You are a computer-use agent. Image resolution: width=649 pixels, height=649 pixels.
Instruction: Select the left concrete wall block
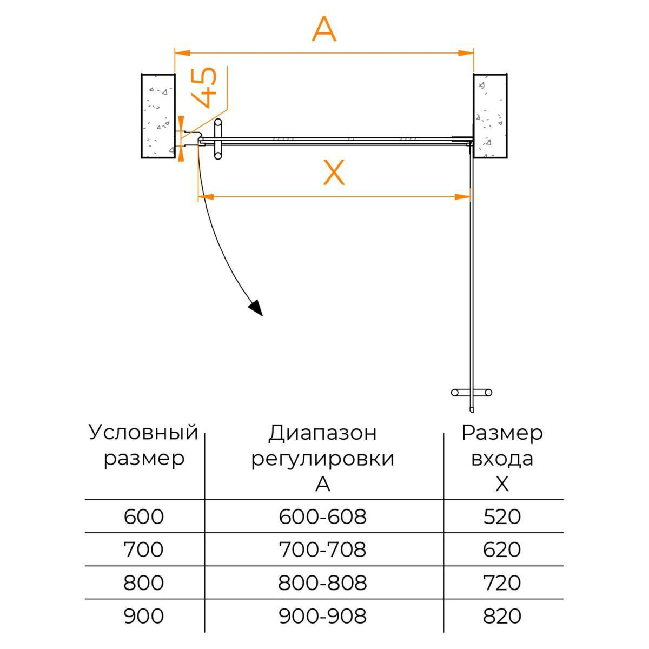coord(158,116)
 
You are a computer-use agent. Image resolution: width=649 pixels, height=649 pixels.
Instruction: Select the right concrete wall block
coord(490,116)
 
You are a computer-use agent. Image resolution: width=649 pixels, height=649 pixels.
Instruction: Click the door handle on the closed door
coord(217,140)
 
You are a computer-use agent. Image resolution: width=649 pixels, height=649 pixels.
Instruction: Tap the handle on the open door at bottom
coord(471,392)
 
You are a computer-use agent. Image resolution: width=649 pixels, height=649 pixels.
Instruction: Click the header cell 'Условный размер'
coord(144,446)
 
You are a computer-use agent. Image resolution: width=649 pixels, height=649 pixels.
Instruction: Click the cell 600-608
coord(323,517)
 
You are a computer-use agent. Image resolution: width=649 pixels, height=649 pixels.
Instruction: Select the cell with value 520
coord(502,517)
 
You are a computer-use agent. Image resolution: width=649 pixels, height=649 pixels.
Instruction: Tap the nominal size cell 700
coord(144,550)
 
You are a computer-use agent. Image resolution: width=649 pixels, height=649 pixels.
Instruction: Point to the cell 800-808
coord(323,583)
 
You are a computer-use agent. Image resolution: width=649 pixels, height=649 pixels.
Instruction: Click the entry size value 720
coord(502,583)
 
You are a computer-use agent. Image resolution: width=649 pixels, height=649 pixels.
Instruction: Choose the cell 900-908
coord(323,616)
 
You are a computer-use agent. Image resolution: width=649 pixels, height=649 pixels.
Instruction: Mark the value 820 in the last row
coord(502,616)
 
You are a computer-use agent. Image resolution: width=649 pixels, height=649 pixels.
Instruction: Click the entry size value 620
coord(502,550)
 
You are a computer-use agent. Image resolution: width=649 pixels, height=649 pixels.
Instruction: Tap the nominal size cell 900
coord(144,616)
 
